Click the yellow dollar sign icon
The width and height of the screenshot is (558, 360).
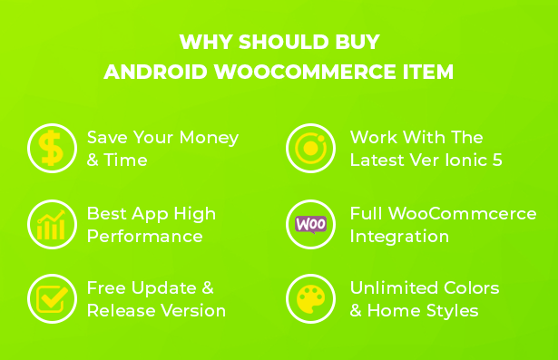pyautogui.click(x=52, y=148)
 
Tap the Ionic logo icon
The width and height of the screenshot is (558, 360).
pyautogui.click(x=310, y=148)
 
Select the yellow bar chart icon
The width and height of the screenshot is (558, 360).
pyautogui.click(x=51, y=225)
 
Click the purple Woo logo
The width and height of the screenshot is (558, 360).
pyautogui.click(x=310, y=225)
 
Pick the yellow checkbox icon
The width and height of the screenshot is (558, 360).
pyautogui.click(x=52, y=299)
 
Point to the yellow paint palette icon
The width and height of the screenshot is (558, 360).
pyautogui.click(x=310, y=299)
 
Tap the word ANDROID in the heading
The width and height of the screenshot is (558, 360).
pyautogui.click(x=155, y=72)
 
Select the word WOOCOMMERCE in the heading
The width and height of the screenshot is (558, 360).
pyautogui.click(x=305, y=72)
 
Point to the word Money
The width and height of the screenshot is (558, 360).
pyautogui.click(x=209, y=139)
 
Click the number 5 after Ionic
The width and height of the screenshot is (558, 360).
pyautogui.click(x=497, y=161)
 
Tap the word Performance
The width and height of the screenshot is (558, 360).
pyautogui.click(x=145, y=237)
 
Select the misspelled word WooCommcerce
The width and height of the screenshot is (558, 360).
pyautogui.click(x=462, y=214)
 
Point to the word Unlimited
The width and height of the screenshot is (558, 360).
pyautogui.click(x=394, y=288)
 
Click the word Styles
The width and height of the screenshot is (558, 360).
pyautogui.click(x=452, y=311)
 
